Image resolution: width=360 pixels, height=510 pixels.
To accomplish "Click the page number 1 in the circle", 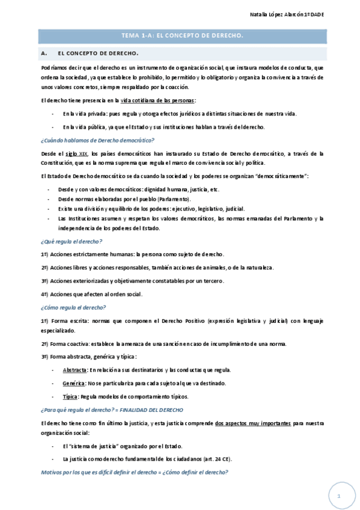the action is pyautogui.click(x=339, y=496).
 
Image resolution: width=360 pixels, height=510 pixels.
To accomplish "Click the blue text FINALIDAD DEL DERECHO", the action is pyautogui.click(x=151, y=410).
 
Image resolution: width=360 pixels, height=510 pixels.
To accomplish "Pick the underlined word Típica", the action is pyautogui.click(x=70, y=396).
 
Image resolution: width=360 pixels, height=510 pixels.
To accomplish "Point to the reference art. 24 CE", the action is pyautogui.click(x=218, y=459).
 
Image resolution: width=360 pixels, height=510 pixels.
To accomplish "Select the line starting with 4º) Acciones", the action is pyautogui.click(x=91, y=294).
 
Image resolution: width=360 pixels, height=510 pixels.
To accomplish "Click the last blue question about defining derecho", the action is pyautogui.click(x=134, y=472).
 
